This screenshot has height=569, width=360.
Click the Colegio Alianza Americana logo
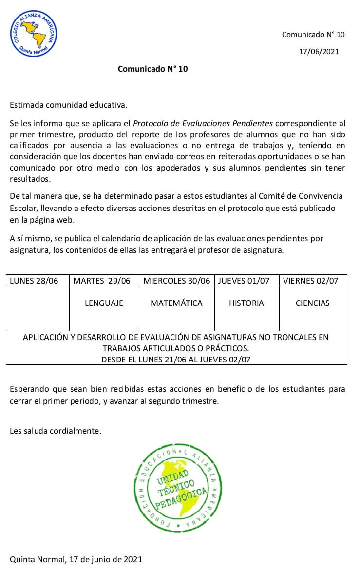33,34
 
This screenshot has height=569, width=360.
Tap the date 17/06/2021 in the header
319,51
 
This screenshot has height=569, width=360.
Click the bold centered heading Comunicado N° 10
152,69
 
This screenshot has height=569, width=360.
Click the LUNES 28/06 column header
34,281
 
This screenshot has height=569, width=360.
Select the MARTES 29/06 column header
102,281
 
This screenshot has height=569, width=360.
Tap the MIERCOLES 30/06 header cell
176,281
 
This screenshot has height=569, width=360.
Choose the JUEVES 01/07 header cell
246,281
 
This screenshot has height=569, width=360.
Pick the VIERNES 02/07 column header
313,281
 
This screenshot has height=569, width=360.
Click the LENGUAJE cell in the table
104,303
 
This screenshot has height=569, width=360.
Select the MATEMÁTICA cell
176,303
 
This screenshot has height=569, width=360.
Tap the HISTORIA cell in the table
246,303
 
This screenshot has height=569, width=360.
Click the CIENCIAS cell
313,303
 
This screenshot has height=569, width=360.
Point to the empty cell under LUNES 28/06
38,308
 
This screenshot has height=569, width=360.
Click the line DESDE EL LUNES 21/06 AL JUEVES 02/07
176,360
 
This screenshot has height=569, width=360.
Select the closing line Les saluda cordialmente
56,431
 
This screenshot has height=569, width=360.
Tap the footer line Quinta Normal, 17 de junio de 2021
76,559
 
